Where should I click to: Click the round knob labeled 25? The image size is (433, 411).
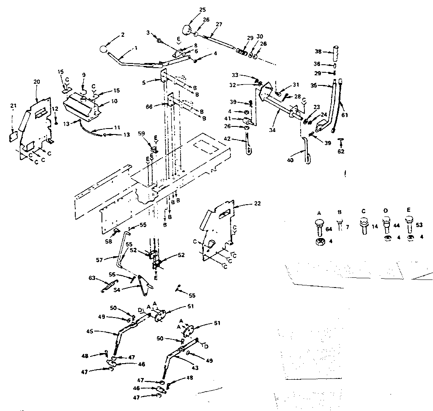(x=187, y=30)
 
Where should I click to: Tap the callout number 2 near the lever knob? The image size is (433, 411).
(x=123, y=35)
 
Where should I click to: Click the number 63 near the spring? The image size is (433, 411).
(x=92, y=278)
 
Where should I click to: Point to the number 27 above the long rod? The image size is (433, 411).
(x=218, y=25)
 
